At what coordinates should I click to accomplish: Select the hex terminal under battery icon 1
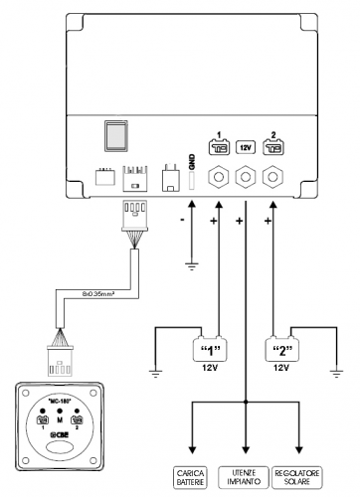[x=217, y=178]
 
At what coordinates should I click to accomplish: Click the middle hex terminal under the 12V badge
[x=244, y=178]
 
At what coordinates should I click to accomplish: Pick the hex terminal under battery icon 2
[x=270, y=178]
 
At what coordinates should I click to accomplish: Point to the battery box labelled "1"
[x=210, y=349]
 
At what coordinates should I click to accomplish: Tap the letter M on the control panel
[x=60, y=419]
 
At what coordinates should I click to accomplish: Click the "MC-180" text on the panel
[x=60, y=404]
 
